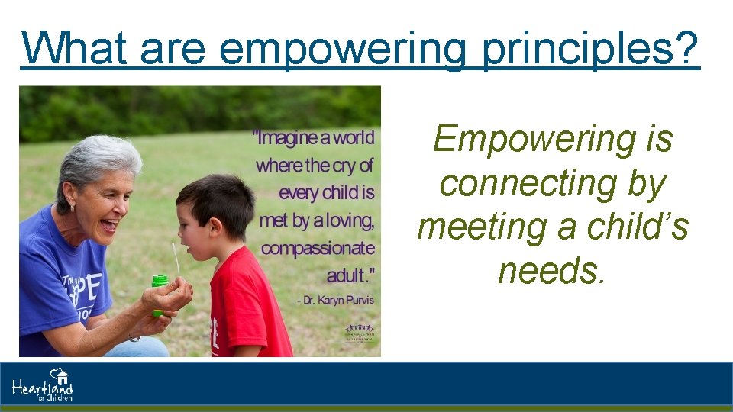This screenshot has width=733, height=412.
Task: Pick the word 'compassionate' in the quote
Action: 318,248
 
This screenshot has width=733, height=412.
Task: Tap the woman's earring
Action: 74,207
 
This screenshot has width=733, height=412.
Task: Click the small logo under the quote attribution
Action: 360,333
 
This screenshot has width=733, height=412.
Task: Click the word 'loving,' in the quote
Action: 350,220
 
